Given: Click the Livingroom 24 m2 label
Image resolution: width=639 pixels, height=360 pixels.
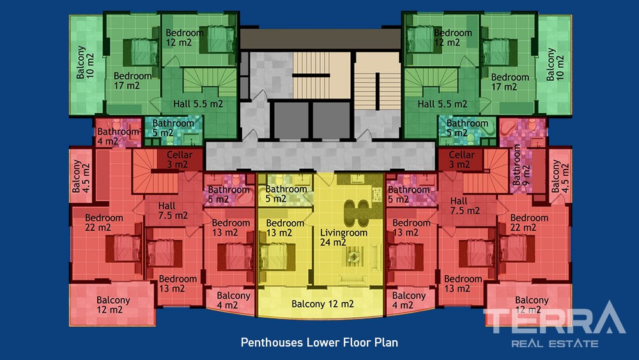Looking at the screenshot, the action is coord(344,237).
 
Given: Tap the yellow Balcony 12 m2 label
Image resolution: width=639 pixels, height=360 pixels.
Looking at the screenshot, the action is coord(322,304).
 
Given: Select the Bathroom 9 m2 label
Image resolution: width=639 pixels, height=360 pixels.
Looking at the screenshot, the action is coord(521,165).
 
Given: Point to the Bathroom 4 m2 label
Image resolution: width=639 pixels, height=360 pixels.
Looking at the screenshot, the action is coord(118,137).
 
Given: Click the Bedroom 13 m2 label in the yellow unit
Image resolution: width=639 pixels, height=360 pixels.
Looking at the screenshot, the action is coord(285,228).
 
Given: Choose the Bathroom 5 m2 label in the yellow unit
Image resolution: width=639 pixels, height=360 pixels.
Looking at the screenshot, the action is coord(286,194).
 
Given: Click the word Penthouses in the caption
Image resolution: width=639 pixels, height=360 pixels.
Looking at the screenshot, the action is coord(272,343).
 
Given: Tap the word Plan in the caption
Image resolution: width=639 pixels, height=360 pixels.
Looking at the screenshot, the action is coord(386,342).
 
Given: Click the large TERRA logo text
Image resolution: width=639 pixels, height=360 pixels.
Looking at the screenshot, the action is coord(554,318).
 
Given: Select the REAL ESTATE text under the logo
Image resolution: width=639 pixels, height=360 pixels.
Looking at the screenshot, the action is coord(555,343).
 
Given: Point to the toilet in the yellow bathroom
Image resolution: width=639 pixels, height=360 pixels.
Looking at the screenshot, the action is coord(280,180).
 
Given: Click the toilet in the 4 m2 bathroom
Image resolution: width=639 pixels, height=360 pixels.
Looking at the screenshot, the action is coord(116,123).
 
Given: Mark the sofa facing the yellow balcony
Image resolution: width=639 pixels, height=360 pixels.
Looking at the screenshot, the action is coord(353,280).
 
